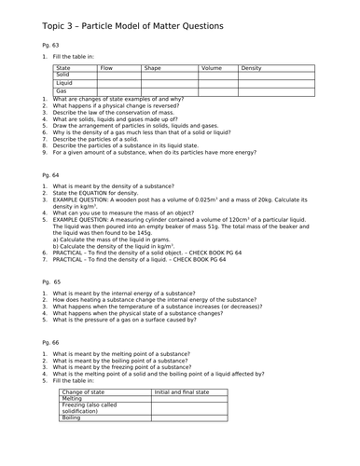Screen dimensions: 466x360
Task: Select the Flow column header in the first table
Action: tap(106, 68)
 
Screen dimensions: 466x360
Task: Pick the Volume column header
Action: tap(212, 68)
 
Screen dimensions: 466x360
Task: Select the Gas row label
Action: tap(62, 90)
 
